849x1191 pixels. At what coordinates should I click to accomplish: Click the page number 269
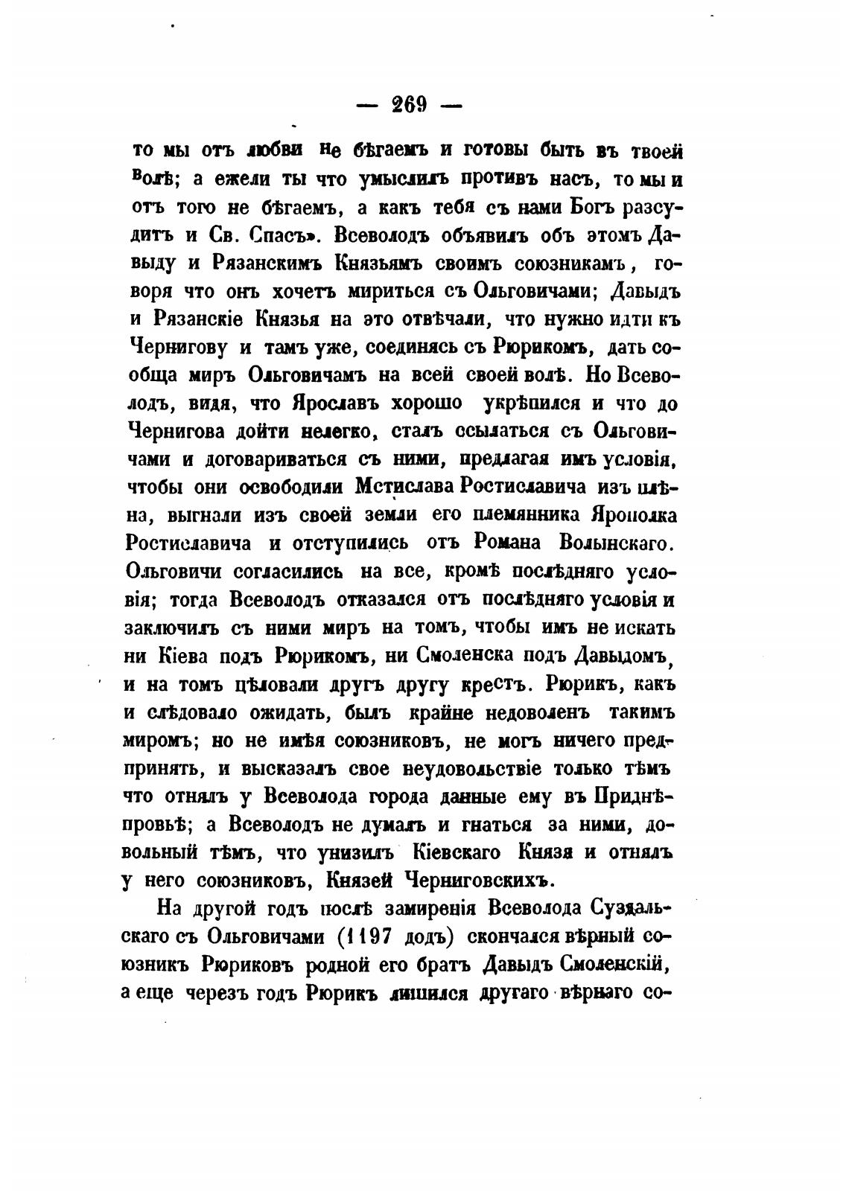408,105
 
